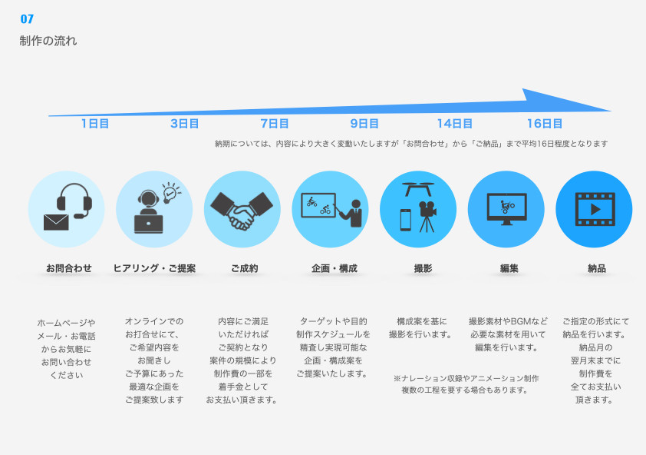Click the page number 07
[27, 19]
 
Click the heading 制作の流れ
[48, 41]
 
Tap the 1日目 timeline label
[95, 123]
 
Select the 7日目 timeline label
[275, 123]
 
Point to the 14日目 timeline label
[455, 123]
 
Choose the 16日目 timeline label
[545, 123]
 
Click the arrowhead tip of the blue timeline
[609, 111]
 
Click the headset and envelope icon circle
[67, 209]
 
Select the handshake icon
[242, 209]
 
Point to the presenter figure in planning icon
[355, 212]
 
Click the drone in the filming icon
[418, 187]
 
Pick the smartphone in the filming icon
[406, 220]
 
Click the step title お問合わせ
[68, 268]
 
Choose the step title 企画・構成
[334, 268]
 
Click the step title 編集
[509, 268]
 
